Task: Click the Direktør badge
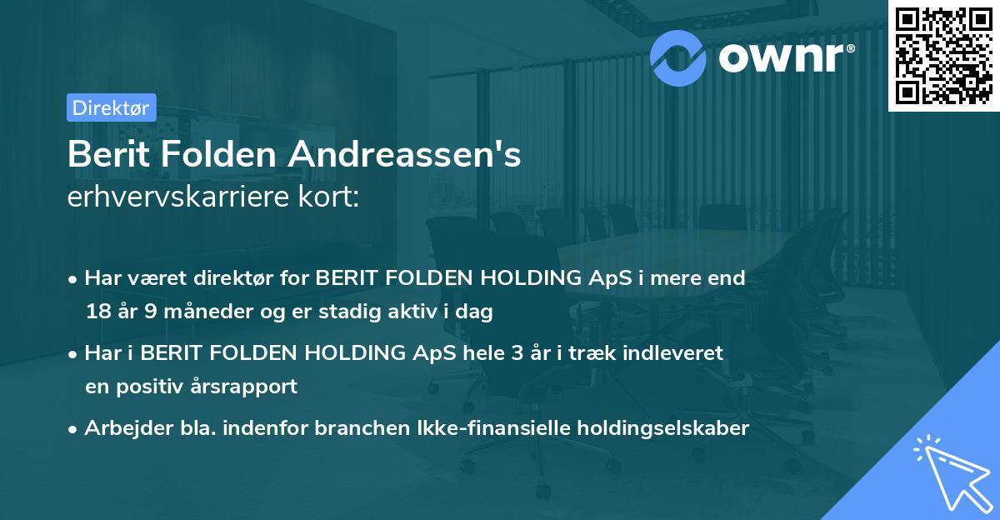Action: point(110,107)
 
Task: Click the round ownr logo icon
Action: point(679,57)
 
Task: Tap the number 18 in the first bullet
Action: point(97,312)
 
